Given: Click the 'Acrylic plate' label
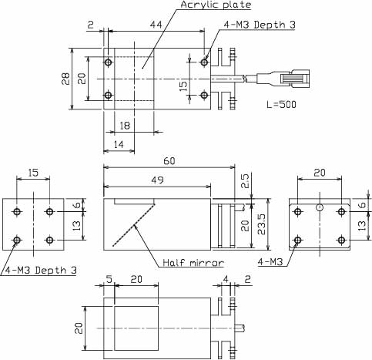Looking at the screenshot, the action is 216,5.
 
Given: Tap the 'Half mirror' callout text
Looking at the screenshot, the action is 193,263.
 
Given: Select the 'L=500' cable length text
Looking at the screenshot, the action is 281,104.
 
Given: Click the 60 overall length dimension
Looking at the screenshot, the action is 169,161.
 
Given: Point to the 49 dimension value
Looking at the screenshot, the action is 157,180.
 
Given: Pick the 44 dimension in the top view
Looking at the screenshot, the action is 156,25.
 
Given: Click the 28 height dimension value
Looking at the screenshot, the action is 65,79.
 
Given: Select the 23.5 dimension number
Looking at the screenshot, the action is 261,224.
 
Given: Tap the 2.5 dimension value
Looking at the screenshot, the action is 245,181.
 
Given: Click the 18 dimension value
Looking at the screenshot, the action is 125,126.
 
